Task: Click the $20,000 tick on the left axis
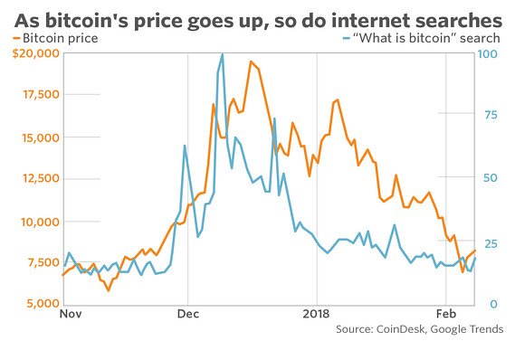click(32, 54)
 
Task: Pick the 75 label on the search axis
click(489, 116)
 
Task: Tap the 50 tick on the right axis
click(489, 178)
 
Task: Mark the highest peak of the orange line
click(251, 62)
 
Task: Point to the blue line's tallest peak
click(223, 54)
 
